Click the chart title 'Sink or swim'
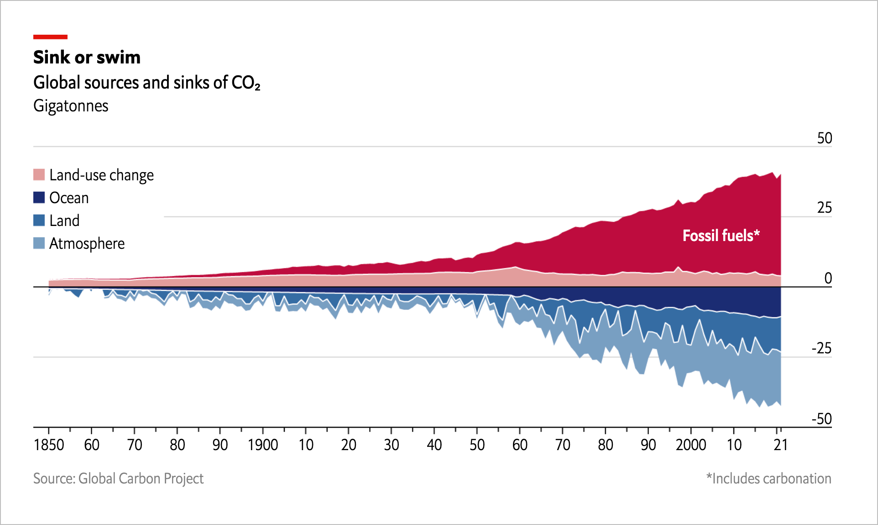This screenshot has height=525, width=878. [x=87, y=58]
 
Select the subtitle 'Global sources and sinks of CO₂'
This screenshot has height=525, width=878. [x=147, y=83]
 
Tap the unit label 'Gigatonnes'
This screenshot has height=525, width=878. [x=71, y=106]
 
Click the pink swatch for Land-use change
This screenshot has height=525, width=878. [x=39, y=175]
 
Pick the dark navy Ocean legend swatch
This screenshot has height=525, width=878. [x=39, y=198]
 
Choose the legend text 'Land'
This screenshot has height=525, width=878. [x=64, y=220]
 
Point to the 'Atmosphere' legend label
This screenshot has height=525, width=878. [x=87, y=244]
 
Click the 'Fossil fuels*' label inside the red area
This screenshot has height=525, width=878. [x=721, y=236]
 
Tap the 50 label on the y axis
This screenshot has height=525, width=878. [x=825, y=138]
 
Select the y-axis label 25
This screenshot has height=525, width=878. [x=825, y=208]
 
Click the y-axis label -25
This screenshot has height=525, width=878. [x=822, y=348]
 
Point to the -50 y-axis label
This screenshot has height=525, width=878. [x=822, y=419]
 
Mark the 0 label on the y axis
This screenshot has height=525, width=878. [x=828, y=278]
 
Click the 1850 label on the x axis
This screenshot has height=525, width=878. [x=49, y=445]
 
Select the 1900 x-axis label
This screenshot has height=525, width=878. [x=263, y=445]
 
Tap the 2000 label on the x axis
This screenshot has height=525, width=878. [x=691, y=445]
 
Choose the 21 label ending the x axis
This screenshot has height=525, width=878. [x=781, y=445]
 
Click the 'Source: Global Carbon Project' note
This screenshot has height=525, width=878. [x=118, y=478]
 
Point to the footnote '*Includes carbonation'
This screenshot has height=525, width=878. [x=769, y=478]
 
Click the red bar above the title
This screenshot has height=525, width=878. [x=50, y=37]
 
